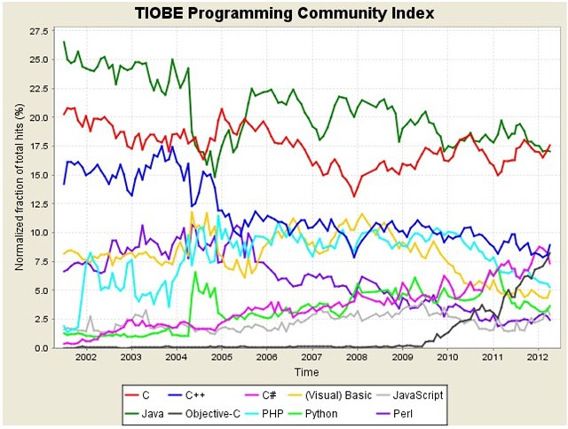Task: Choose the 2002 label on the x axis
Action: (85, 357)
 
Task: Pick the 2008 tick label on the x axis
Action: (357, 357)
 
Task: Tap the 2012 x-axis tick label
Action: (538, 357)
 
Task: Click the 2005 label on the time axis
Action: (221, 357)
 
